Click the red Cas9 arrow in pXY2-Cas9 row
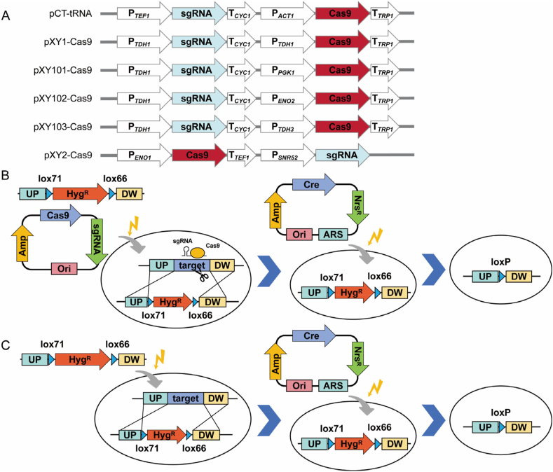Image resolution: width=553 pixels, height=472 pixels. [x=199, y=155]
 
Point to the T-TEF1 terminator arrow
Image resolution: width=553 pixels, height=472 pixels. [x=242, y=155]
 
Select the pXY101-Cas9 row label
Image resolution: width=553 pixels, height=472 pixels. [x=63, y=70]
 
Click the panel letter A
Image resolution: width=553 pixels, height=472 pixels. [x=6, y=15]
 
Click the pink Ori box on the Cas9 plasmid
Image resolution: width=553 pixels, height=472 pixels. [x=64, y=269]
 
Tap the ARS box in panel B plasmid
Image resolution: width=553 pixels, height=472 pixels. [x=333, y=235]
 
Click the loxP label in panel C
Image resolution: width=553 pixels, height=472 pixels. [x=501, y=412]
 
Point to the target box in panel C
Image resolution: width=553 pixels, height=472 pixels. [x=186, y=398]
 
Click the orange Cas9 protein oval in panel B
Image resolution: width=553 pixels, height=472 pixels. [x=198, y=251]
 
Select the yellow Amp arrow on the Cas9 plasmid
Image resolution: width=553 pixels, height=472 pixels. [x=22, y=243]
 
